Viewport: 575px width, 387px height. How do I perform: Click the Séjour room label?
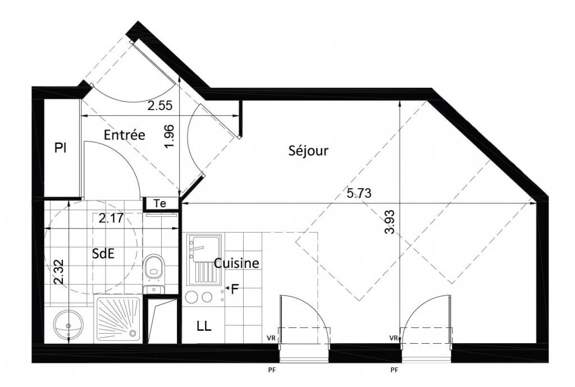308,151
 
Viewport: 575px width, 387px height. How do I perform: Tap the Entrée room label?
124,135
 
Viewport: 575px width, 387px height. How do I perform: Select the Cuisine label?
236,263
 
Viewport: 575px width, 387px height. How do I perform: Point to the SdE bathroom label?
103,253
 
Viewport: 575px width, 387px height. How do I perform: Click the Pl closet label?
61,148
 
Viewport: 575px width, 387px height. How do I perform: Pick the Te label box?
160,203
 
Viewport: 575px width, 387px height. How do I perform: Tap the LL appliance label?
204,326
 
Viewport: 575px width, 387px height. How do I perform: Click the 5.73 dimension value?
359,193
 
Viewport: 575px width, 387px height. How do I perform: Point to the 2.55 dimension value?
159,106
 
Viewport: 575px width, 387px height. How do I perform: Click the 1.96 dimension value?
170,136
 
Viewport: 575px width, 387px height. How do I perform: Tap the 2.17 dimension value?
111,218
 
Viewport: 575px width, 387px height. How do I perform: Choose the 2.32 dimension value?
58,272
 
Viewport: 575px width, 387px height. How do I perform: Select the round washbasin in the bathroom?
68,325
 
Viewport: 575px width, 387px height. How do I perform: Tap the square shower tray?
118,320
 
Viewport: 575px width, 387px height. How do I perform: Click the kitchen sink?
204,260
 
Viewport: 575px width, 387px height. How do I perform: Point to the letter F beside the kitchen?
234,289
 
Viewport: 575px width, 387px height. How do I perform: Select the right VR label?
394,338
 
